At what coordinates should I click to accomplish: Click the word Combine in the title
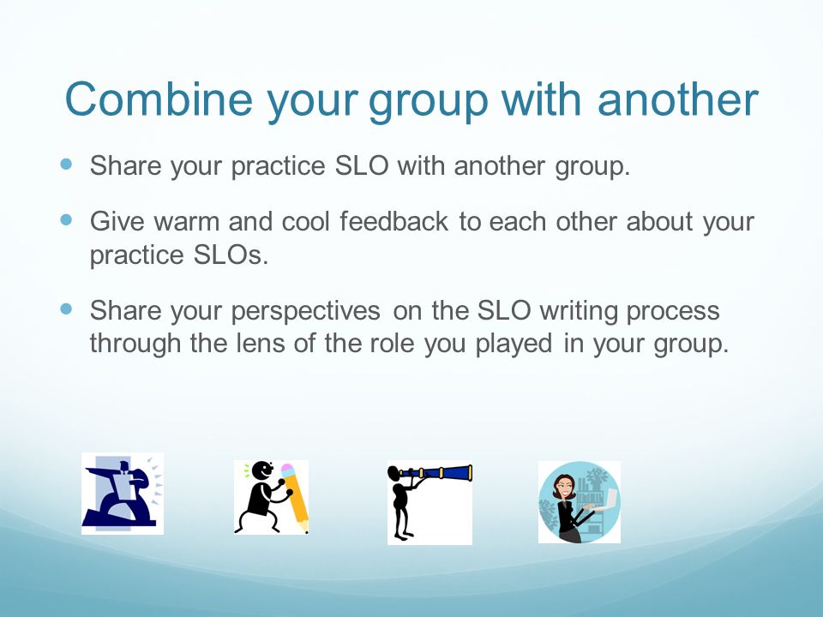[159, 99]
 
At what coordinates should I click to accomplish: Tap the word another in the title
[677, 99]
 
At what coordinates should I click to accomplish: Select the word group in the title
[429, 102]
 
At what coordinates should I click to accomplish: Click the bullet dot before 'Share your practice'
[66, 165]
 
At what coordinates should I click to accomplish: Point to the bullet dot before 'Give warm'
[66, 219]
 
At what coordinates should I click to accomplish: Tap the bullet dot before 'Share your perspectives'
[66, 308]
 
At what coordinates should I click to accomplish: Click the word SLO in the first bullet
[362, 165]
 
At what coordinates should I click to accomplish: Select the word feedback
[393, 221]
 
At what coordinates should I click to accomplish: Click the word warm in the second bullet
[187, 221]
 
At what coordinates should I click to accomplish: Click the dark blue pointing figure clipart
[123, 494]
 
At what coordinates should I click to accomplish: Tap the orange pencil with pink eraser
[294, 496]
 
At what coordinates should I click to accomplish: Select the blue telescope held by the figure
[438, 473]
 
